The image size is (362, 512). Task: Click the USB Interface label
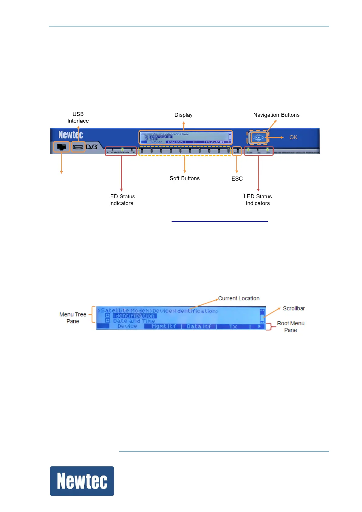(78, 117)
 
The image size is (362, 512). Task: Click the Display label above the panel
(183, 115)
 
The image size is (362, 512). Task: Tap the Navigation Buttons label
(276, 115)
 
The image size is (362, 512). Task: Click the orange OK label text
(293, 137)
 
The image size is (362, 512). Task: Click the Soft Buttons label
(185, 178)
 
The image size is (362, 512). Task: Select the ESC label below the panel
(237, 179)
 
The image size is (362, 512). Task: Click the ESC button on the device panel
(237, 151)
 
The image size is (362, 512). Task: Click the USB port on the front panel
(78, 147)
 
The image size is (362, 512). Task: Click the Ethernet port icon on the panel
(61, 147)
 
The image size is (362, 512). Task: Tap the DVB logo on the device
(91, 147)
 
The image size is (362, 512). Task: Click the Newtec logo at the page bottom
(82, 481)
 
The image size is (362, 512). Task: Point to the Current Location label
(239, 299)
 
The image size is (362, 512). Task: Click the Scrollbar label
(294, 309)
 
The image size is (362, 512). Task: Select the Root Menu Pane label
(291, 327)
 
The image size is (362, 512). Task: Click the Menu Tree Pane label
(73, 318)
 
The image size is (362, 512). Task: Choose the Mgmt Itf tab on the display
(164, 326)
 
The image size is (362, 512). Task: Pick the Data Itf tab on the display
(199, 326)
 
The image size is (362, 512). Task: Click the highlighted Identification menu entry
(134, 316)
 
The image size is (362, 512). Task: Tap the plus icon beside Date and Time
(107, 320)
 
